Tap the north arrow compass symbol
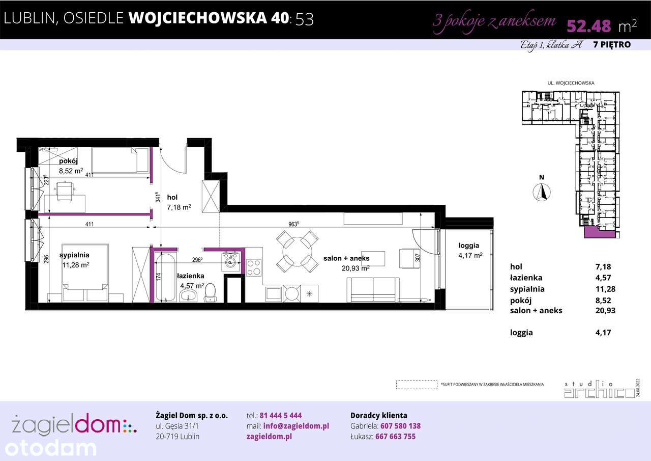542,192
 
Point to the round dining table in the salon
297,250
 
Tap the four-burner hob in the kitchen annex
254,266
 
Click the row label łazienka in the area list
526,278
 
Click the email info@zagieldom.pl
294,426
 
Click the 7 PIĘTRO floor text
612,45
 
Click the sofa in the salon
373,289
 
